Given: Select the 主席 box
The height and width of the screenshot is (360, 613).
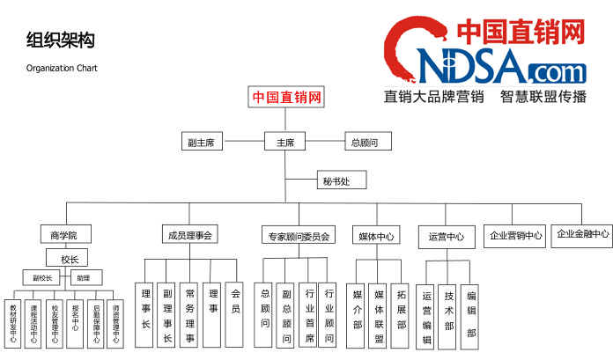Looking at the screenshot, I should pyautogui.click(x=285, y=141).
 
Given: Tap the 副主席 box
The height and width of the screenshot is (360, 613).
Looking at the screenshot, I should pyautogui.click(x=201, y=141).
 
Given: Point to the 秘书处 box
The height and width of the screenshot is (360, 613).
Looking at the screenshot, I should pyautogui.click(x=336, y=182).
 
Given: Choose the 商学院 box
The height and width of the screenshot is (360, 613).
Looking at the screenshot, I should pyautogui.click(x=64, y=235).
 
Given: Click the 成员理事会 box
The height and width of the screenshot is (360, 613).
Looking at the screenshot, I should pyautogui.click(x=190, y=235).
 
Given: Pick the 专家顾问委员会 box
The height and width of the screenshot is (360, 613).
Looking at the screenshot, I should pyautogui.click(x=298, y=236).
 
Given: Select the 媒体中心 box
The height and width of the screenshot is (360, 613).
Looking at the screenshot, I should pyautogui.click(x=375, y=236).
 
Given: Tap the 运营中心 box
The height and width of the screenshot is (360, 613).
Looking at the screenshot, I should pyautogui.click(x=446, y=236).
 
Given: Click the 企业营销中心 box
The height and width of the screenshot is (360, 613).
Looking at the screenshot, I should pyautogui.click(x=516, y=235).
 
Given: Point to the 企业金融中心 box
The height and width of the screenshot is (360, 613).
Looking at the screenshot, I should pyautogui.click(x=581, y=234).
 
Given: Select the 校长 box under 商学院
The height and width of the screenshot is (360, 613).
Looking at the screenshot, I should pyautogui.click(x=70, y=260).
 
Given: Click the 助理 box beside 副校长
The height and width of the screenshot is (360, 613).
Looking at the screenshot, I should pyautogui.click(x=83, y=277).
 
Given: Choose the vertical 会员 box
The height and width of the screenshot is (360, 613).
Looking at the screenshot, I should pyautogui.click(x=234, y=314).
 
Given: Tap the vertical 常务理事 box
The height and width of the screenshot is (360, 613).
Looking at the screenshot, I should pyautogui.click(x=189, y=314).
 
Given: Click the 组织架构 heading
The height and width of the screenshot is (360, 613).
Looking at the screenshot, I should pyautogui.click(x=61, y=40).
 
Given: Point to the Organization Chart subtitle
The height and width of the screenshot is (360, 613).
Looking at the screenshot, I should pyautogui.click(x=62, y=68).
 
